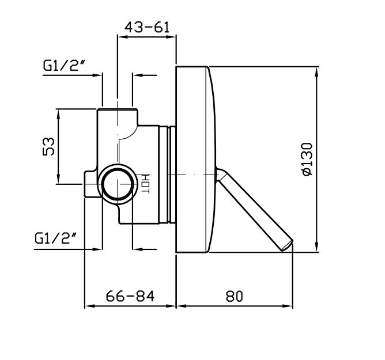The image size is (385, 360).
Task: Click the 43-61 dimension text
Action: [147, 27]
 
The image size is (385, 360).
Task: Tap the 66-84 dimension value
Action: [130, 296]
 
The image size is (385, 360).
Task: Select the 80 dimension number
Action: [234, 296]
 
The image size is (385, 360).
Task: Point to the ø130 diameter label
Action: [308, 159]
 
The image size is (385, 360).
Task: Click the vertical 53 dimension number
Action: [48, 146]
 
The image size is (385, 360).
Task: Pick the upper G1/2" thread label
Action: [64, 66]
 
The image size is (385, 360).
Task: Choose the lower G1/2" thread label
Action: [56, 238]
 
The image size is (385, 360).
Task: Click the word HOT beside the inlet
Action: [146, 184]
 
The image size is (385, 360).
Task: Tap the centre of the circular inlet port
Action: [118, 184]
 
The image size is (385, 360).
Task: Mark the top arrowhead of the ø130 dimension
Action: [317, 71]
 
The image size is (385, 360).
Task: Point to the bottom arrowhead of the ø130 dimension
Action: [317, 247]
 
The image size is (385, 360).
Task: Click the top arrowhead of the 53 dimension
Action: [58, 113]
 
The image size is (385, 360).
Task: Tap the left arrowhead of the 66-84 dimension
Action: [89, 306]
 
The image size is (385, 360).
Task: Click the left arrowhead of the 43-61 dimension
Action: [122, 37]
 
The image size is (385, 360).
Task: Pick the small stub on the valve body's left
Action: [90, 184]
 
